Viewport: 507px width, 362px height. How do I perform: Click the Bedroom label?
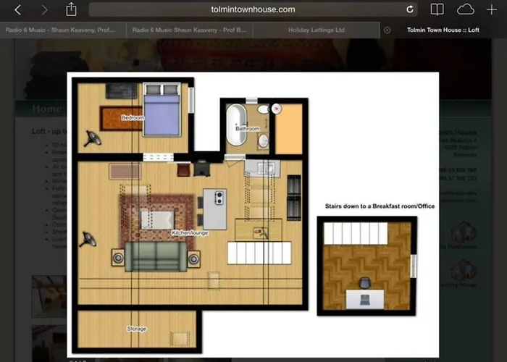(x=133, y=117)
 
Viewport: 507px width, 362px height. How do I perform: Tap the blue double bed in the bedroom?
(x=162, y=109)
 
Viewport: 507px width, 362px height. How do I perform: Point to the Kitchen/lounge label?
(x=190, y=233)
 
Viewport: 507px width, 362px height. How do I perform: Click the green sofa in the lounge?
(x=155, y=256)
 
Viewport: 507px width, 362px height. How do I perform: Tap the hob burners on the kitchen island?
(x=219, y=197)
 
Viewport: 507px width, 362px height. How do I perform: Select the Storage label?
(x=136, y=329)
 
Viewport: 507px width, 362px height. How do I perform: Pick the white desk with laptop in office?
(x=366, y=298)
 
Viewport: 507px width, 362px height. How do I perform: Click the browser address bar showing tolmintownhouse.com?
(x=252, y=9)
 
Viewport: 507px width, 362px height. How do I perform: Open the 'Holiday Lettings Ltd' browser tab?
(x=317, y=30)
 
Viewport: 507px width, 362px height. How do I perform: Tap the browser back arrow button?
(x=19, y=9)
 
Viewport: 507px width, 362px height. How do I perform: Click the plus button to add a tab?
(x=492, y=9)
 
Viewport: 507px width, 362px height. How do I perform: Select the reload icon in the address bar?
(x=410, y=9)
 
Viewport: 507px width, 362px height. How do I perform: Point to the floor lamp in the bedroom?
(x=92, y=137)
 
